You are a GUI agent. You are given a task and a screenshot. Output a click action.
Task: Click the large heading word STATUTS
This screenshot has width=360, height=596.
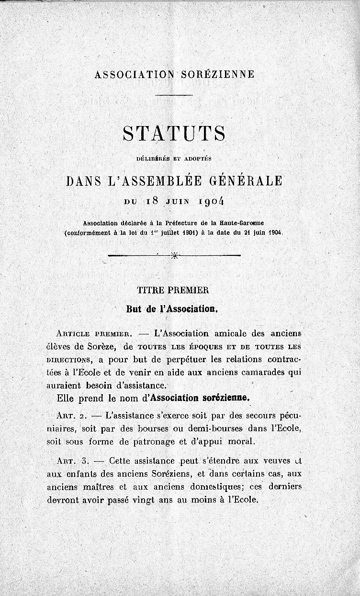coord(174,134)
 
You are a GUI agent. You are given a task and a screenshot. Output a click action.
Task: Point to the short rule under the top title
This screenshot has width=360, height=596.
coord(174,95)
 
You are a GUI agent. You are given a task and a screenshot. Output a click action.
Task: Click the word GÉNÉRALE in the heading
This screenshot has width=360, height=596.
coord(246,181)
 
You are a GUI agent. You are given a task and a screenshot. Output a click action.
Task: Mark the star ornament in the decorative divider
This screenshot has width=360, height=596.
coord(174,256)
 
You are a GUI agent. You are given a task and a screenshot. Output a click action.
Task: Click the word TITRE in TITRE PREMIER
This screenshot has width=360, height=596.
coord(149,290)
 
